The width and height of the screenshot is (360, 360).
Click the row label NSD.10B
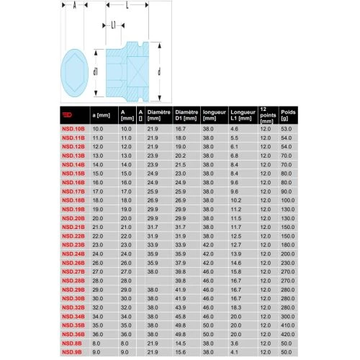(74, 127)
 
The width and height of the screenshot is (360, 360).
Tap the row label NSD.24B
(74, 255)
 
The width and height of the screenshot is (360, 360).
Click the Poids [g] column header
(288, 114)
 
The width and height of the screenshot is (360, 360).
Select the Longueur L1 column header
(239, 114)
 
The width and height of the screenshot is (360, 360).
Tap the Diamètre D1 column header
(186, 114)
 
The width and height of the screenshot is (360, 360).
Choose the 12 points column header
(266, 114)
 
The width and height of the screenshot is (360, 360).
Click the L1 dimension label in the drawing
(114, 24)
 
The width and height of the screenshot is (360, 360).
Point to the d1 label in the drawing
(94, 69)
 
